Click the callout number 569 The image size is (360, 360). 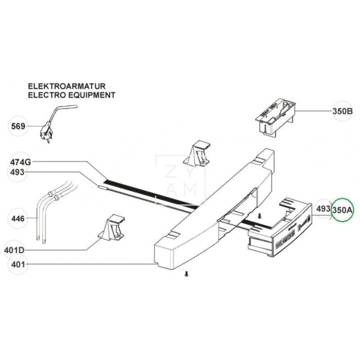(x=18, y=126)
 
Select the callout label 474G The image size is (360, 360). (x=21, y=162)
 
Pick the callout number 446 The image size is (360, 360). (x=18, y=220)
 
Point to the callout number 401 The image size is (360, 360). (x=18, y=264)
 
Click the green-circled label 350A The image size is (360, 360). (x=343, y=210)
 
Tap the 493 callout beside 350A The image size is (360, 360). (x=323, y=209)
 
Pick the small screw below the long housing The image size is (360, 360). (x=186, y=273)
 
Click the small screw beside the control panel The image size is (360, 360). (x=260, y=216)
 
